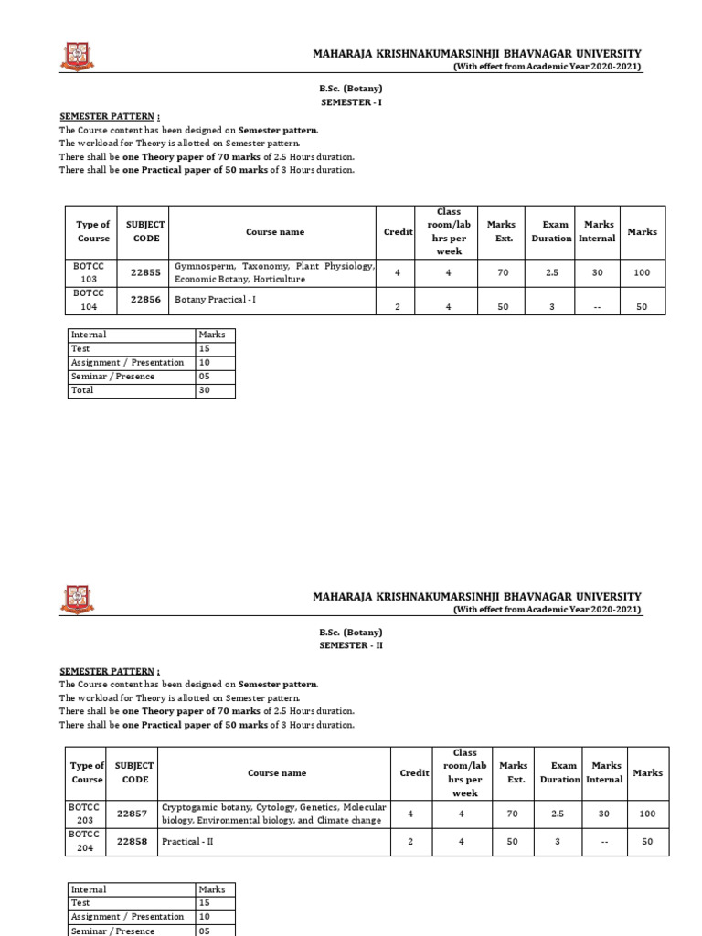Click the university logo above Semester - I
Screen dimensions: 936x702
coord(77,57)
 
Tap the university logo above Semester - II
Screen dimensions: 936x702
coord(77,599)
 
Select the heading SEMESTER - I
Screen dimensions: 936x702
coord(350,103)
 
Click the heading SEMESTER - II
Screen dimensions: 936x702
coord(350,645)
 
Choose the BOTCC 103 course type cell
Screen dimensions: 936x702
coord(90,272)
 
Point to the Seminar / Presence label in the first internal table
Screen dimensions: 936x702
coord(112,377)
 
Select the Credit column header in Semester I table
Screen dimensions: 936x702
coord(398,232)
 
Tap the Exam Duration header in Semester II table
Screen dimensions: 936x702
coord(559,772)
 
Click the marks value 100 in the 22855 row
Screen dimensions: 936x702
coord(642,272)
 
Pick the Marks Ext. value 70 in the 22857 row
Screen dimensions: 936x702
coord(513,814)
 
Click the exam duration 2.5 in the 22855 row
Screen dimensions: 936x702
coord(551,272)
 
